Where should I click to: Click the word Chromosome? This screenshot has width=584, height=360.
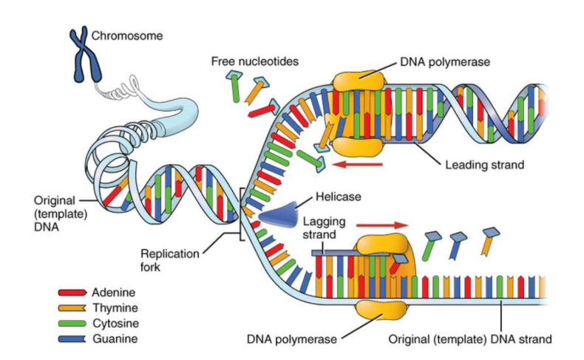(x=123, y=35)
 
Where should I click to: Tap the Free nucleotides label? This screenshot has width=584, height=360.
(x=254, y=61)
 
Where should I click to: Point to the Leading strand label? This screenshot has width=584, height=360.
(x=484, y=165)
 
